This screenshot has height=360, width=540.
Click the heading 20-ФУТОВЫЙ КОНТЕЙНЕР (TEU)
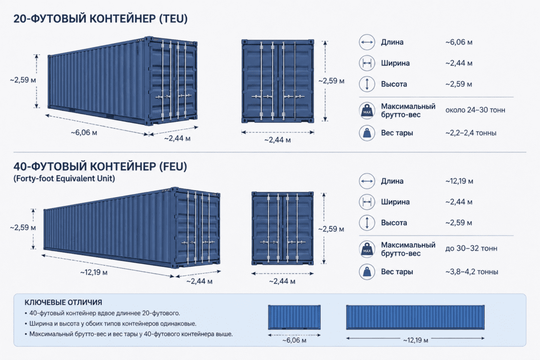point(100,18)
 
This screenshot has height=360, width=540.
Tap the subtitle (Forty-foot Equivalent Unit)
point(64,178)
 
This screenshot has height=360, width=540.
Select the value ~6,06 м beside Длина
point(459,42)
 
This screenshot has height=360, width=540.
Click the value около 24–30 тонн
point(475,110)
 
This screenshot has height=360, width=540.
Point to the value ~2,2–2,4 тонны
point(471,133)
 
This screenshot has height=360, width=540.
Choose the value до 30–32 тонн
point(471,248)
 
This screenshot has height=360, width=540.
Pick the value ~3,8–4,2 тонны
point(471,272)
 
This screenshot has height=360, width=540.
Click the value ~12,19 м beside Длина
point(459,181)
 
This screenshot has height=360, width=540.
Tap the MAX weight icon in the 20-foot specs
point(367,111)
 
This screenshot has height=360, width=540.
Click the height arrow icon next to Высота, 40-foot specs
point(367,222)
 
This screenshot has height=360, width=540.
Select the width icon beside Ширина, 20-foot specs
point(367,63)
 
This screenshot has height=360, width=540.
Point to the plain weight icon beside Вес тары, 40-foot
point(367,271)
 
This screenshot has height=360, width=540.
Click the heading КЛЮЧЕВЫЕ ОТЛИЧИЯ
point(63,303)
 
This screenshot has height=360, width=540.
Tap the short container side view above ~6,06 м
point(294,317)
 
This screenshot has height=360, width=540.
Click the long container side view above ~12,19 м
point(416,317)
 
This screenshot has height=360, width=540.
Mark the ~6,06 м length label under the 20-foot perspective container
point(84,132)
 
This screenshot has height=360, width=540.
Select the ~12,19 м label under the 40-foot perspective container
point(94,273)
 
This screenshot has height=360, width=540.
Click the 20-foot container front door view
point(277,81)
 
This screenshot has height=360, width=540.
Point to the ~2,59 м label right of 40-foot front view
point(331,229)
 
